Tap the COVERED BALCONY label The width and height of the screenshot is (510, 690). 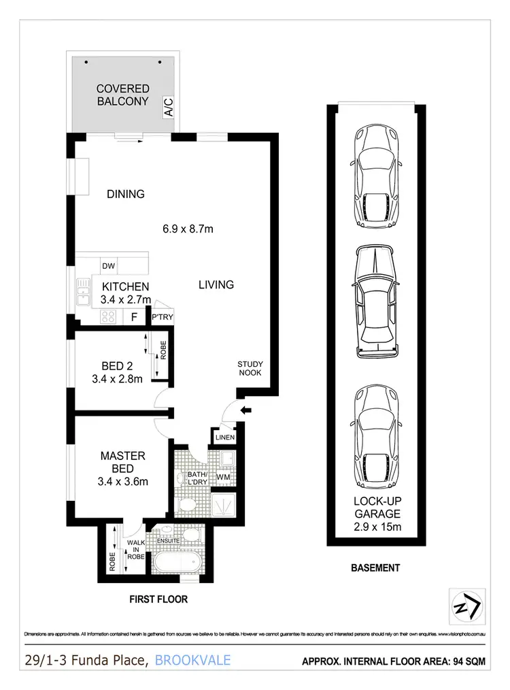(122, 95)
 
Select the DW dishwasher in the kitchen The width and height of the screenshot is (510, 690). (107, 266)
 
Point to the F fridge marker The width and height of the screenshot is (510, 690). (134, 316)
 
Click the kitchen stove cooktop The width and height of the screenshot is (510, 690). (108, 316)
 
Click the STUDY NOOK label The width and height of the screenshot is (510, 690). (250, 369)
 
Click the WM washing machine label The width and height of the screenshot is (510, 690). (223, 478)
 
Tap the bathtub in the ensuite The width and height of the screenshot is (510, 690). (175, 563)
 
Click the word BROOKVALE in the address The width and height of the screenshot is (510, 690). (192, 659)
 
